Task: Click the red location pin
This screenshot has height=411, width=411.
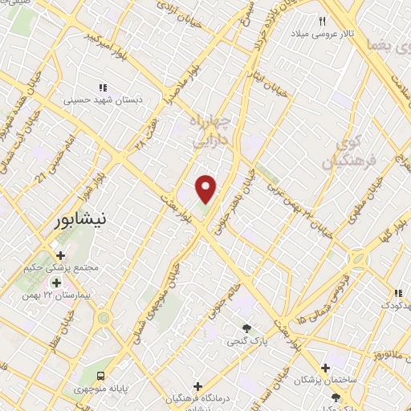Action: tap(206, 187)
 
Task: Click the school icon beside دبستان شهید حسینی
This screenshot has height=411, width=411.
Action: tap(102, 87)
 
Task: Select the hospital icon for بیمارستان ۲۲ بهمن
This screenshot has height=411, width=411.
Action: tap(56, 283)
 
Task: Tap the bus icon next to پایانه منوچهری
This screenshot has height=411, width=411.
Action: tap(101, 375)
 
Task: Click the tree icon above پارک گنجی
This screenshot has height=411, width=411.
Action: tap(248, 328)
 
